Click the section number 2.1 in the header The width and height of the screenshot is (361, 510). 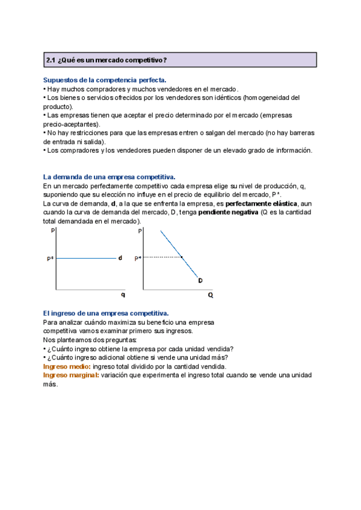[x=51, y=60]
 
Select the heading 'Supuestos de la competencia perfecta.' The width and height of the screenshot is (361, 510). [x=105, y=79]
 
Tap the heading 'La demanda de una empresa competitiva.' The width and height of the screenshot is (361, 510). [x=109, y=177]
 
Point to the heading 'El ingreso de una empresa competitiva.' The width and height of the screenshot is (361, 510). [x=106, y=313]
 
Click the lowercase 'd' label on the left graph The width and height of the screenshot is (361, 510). [x=120, y=258]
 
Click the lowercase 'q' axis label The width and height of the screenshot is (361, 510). [x=123, y=295]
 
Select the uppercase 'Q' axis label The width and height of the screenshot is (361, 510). [x=211, y=295]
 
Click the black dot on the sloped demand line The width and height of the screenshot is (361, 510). [x=182, y=257]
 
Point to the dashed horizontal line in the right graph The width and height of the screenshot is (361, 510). [x=162, y=257]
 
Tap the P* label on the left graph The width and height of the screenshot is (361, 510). [x=50, y=259]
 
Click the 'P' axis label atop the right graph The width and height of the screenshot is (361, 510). [x=140, y=231]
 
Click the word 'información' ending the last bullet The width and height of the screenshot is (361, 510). [x=294, y=150]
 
